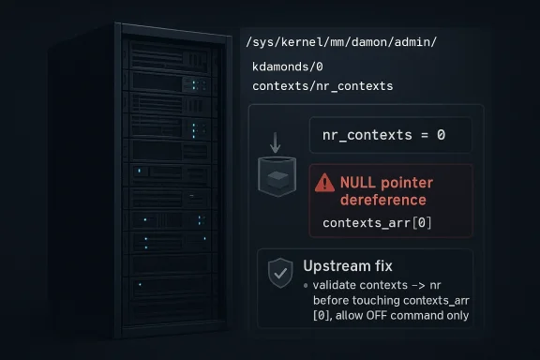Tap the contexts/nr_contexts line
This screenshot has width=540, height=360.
(x=322, y=86)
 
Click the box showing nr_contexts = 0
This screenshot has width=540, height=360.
(x=391, y=136)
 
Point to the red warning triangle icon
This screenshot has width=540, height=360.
(x=325, y=183)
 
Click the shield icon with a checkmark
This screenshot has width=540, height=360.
(x=279, y=273)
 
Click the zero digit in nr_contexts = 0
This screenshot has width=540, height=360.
(x=440, y=136)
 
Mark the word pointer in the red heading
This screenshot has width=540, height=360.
(x=407, y=183)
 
